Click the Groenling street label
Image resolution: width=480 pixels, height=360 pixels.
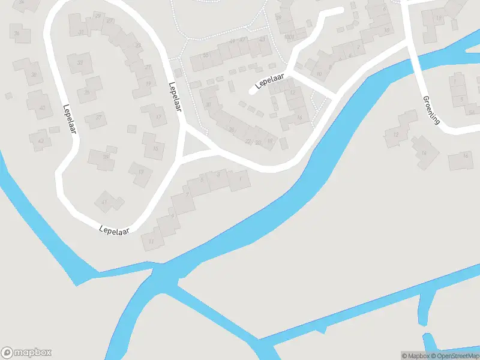(431, 110)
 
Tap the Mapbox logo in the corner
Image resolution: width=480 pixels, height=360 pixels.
(26, 353)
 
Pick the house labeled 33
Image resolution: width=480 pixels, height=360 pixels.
(80, 62)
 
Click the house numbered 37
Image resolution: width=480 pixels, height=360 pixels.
(95, 118)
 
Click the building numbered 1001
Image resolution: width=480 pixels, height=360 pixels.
(289, 37)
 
